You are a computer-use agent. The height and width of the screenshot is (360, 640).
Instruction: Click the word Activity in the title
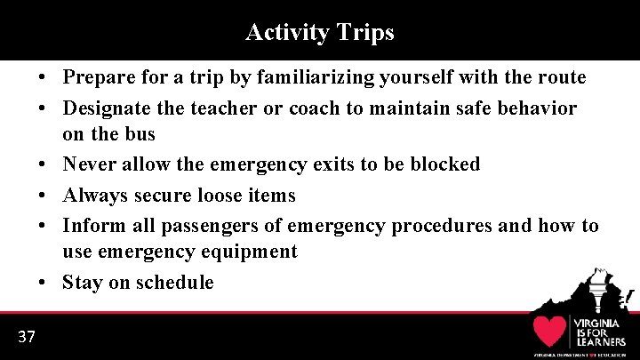286,33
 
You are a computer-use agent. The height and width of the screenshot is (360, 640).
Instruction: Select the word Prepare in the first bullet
99,78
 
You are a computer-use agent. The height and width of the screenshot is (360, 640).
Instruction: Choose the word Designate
103,108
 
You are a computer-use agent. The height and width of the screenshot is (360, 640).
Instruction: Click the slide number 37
26,336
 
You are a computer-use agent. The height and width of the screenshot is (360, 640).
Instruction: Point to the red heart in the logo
550,331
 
